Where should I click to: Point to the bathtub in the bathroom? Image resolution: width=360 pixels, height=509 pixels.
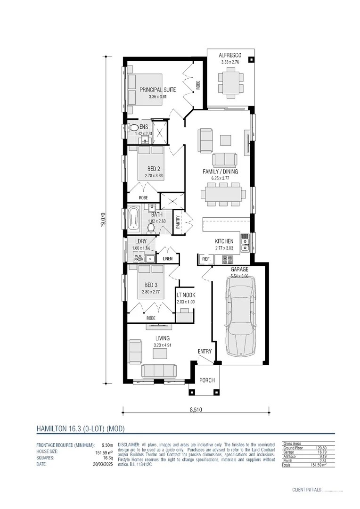(133, 219)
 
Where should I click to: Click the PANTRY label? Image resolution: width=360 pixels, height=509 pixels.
(178, 222)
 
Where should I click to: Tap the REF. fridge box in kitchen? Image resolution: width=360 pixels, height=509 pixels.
(206, 259)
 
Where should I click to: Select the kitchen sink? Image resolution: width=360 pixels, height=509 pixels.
(245, 244)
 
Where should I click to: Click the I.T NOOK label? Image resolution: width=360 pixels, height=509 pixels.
(185, 295)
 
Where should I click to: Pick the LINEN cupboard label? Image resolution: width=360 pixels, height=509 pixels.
(168, 259)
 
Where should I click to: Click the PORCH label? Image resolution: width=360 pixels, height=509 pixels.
(206, 380)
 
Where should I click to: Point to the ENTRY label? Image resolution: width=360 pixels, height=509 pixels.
(205, 351)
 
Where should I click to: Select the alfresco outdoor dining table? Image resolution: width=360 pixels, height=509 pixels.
(231, 82)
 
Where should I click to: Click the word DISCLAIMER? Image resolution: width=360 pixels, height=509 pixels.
(129, 444)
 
